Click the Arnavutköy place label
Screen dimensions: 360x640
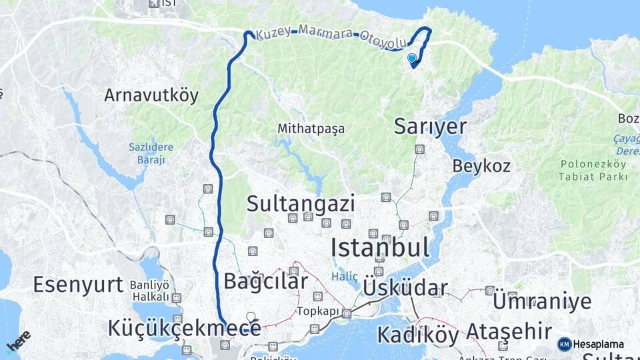(151, 95)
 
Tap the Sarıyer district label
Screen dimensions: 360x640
(430, 126)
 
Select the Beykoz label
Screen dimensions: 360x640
(481, 165)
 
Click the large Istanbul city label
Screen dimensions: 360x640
(380, 247)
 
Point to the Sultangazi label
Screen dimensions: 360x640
(301, 204)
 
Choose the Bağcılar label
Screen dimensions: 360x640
(265, 281)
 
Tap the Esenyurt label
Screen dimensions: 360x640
(78, 285)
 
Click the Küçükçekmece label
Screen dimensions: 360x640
(184, 328)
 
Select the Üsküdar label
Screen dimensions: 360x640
(405, 289)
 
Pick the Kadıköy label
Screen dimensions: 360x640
(418, 334)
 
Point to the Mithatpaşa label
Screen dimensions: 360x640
(311, 129)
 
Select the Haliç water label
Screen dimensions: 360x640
(345, 277)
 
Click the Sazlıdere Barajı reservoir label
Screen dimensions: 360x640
(151, 154)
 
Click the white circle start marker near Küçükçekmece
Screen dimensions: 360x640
(251, 317)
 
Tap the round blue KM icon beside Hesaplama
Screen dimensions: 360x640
(564, 344)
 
